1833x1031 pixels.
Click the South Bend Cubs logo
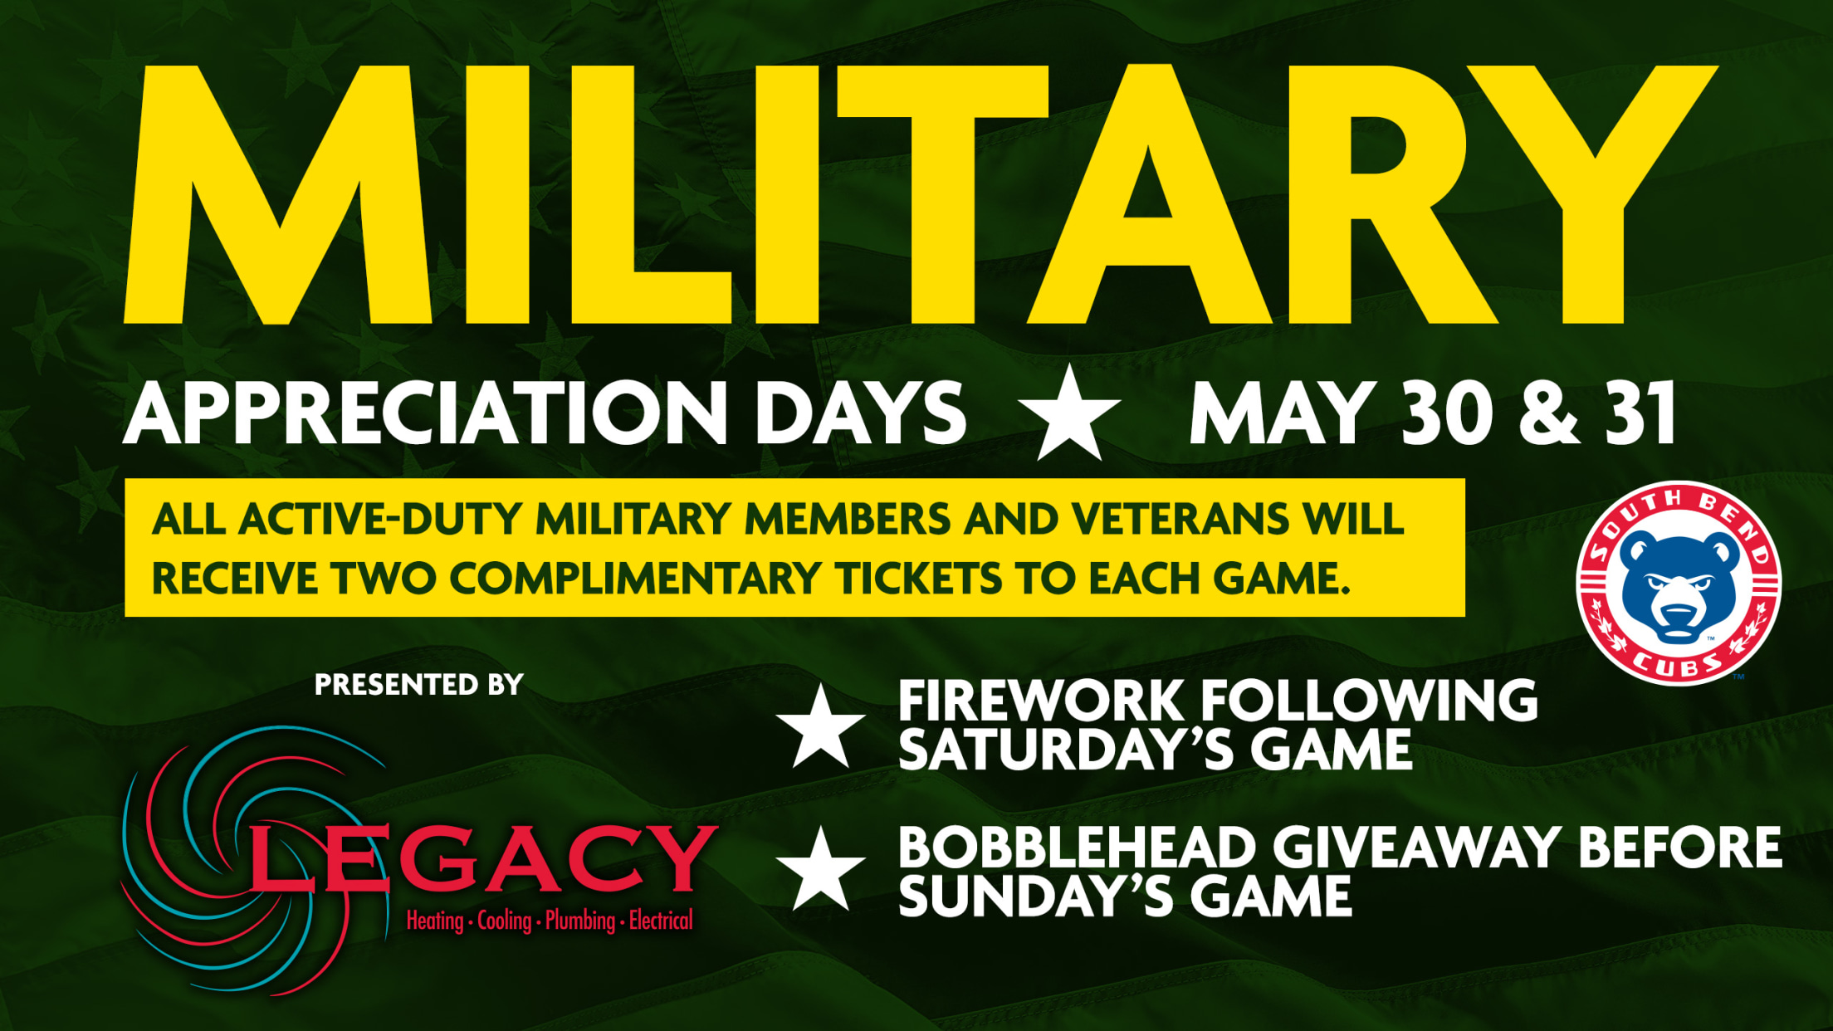pyautogui.click(x=1679, y=583)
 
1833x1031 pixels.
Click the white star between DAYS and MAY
pyautogui.click(x=1069, y=413)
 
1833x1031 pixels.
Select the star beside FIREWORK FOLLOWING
pyautogui.click(x=820, y=726)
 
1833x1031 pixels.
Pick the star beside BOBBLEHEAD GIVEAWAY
pyautogui.click(x=820, y=868)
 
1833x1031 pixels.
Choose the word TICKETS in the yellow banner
pyautogui.click(x=921, y=578)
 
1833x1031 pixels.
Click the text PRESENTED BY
pyautogui.click(x=419, y=684)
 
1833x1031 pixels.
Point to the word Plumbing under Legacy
pyautogui.click(x=580, y=921)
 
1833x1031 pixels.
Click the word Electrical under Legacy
pyautogui.click(x=661, y=920)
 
